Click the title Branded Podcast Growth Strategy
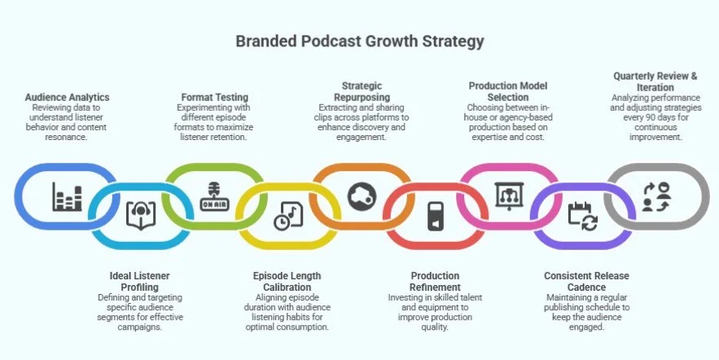pos(359,41)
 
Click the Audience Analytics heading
pos(68,97)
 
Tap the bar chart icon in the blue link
pos(68,198)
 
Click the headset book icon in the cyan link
pos(140,214)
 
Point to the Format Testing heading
pos(213,97)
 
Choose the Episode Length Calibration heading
pos(287,281)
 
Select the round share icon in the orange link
pos(362,196)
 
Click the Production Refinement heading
pos(435,281)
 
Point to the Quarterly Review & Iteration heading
pos(655,81)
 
